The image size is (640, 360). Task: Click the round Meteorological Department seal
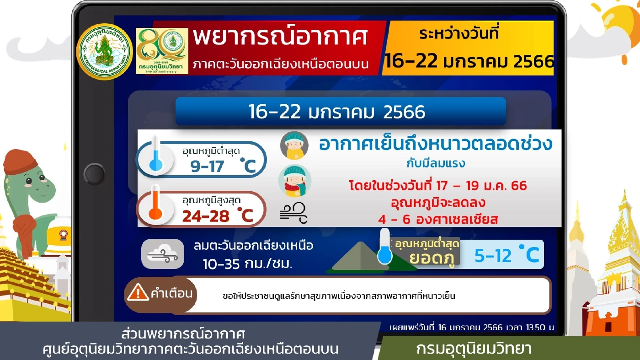pos(104,52)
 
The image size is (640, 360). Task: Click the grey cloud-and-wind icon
pos(162,253)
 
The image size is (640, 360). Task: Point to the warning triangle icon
pos(138,292)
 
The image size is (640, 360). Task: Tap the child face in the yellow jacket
pos(294,145)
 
